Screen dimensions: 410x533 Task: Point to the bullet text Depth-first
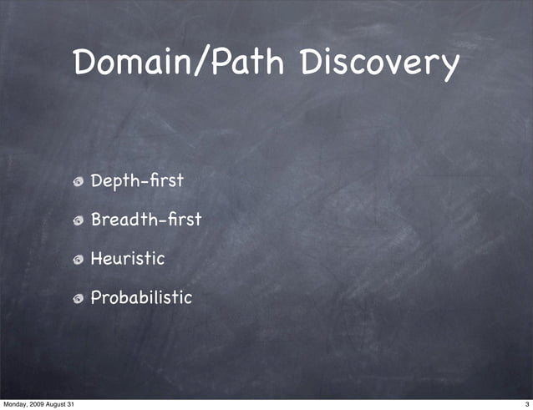[136, 180]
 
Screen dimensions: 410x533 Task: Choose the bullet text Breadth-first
[146, 220]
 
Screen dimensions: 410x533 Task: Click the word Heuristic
[127, 258]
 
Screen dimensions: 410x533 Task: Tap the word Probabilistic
[141, 297]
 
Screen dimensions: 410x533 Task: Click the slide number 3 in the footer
[527, 404]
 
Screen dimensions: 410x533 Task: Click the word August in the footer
[63, 404]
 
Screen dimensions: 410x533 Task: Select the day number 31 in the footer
[79, 404]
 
